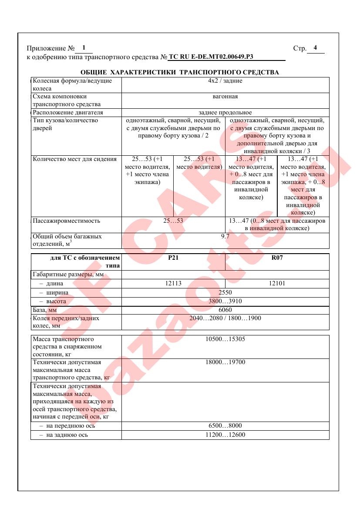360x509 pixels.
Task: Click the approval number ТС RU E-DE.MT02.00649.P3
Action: tap(211, 57)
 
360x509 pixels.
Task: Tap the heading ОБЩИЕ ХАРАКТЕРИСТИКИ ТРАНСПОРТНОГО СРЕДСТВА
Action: tap(180, 72)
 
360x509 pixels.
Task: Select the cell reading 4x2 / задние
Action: tap(225, 81)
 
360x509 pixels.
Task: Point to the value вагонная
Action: tap(225, 97)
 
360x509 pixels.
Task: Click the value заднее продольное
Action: tap(225, 113)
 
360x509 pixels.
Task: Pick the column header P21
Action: tap(173, 258)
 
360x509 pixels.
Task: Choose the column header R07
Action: tap(277, 258)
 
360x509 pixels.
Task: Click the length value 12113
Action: tap(173, 284)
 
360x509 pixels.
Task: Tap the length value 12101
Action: tap(277, 284)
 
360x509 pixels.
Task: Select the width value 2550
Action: tap(225, 292)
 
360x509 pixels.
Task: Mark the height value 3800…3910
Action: tap(225, 301)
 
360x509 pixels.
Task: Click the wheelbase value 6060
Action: tap(225, 310)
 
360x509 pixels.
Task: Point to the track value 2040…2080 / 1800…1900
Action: tap(225, 318)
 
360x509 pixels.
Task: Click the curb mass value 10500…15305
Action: tap(225, 339)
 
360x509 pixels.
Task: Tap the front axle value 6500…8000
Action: tap(225, 426)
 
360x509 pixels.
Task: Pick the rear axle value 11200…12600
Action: tap(225, 435)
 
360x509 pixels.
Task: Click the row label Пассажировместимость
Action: tap(67, 221)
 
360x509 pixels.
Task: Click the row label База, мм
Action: tap(45, 310)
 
